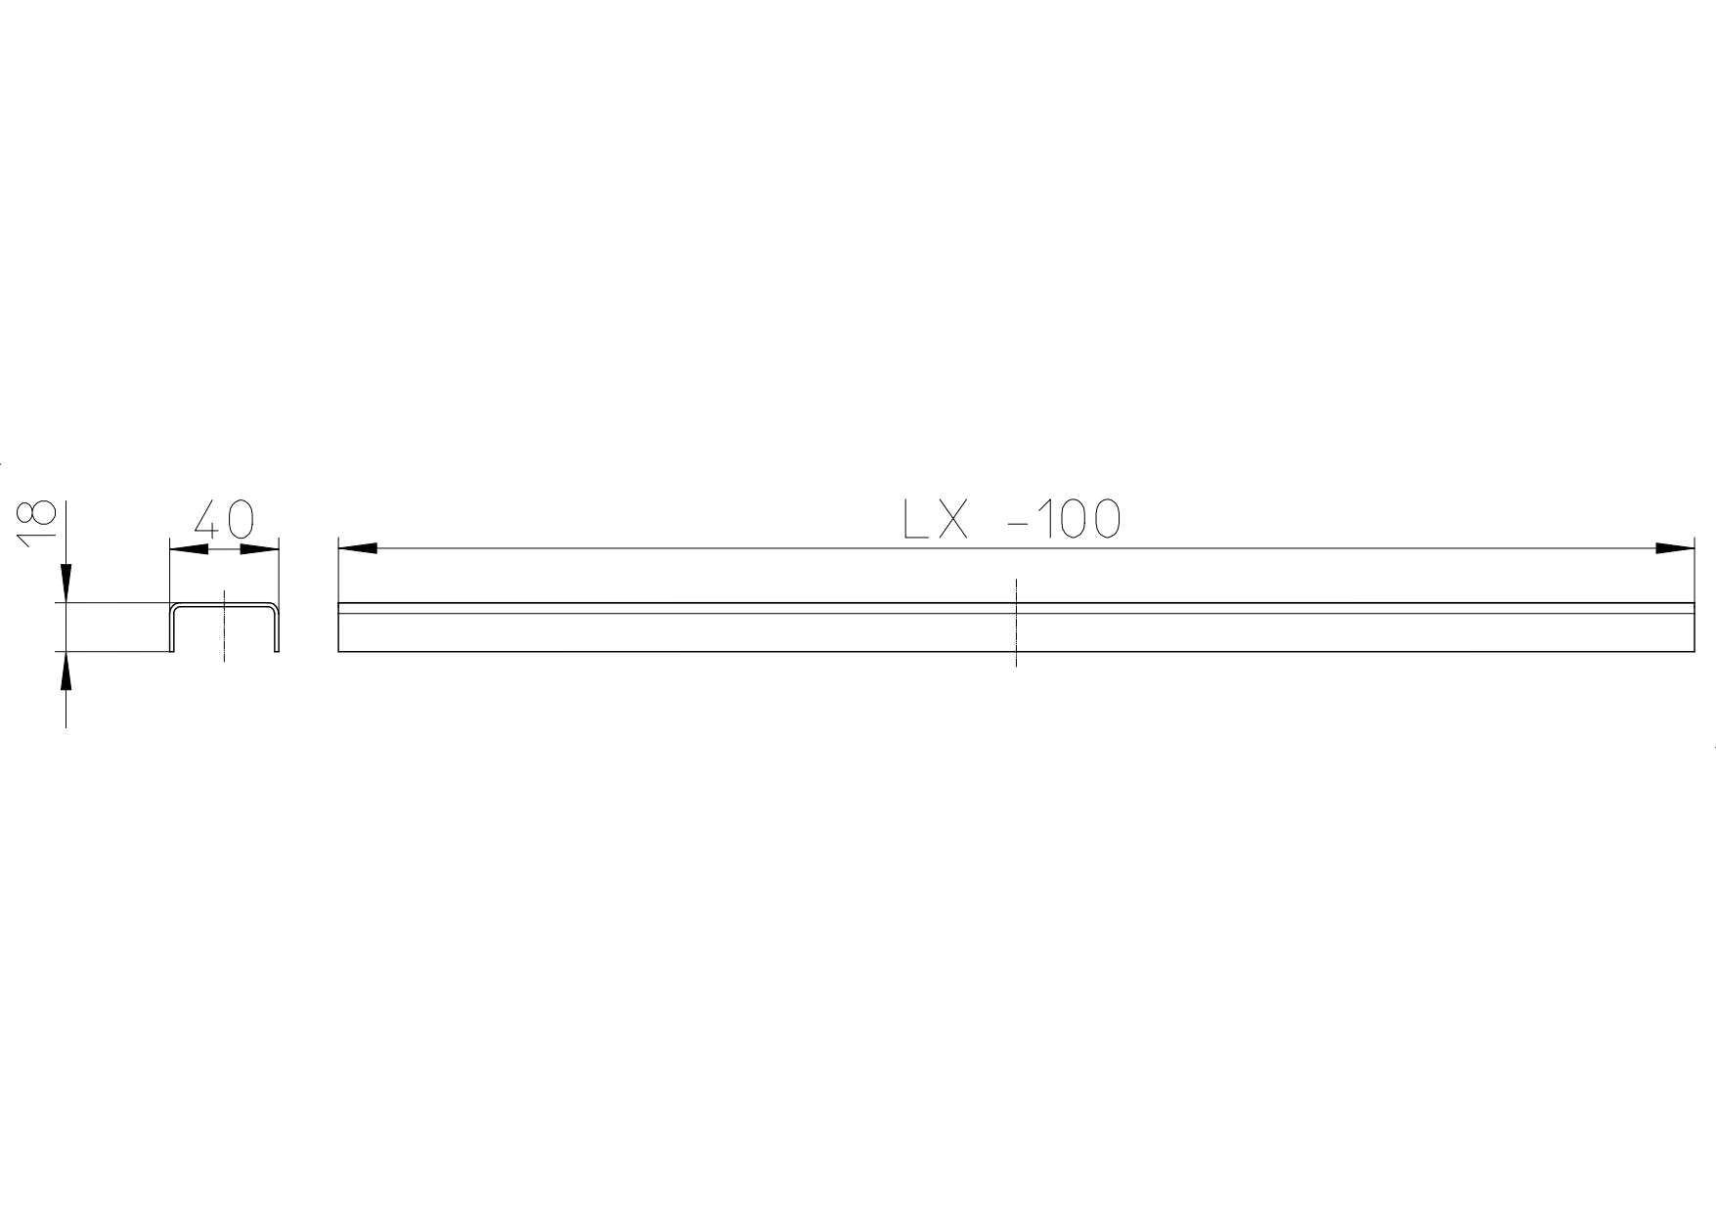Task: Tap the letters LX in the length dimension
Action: [x=936, y=519]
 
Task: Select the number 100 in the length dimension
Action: [x=1078, y=519]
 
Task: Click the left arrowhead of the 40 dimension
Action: [x=190, y=549]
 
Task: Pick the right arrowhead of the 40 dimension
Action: [x=260, y=549]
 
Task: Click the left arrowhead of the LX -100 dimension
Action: [x=358, y=548]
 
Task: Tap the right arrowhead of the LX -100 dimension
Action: [x=1674, y=548]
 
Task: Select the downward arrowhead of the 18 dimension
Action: [x=66, y=584]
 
